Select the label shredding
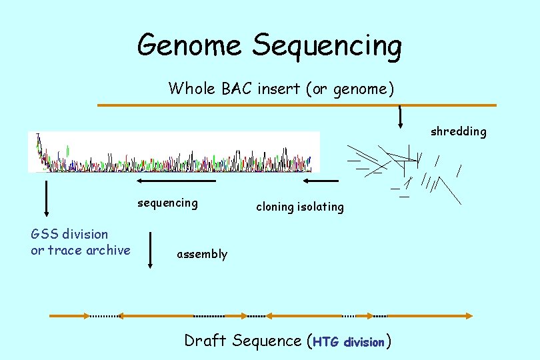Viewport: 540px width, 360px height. (x=458, y=131)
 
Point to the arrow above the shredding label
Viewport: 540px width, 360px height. (x=400, y=117)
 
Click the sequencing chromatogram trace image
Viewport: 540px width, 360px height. (x=174, y=152)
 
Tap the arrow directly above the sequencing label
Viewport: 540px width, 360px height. (x=176, y=181)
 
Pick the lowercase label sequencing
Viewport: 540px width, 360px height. (x=167, y=203)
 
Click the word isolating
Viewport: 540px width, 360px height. (x=322, y=207)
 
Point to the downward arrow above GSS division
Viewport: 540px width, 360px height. (x=46, y=198)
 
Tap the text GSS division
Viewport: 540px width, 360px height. (x=69, y=234)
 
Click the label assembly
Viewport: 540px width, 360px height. (x=201, y=254)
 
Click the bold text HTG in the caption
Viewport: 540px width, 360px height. (x=326, y=342)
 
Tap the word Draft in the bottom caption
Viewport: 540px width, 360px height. (x=205, y=341)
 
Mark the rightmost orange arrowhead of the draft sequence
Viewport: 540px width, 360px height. (x=469, y=315)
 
